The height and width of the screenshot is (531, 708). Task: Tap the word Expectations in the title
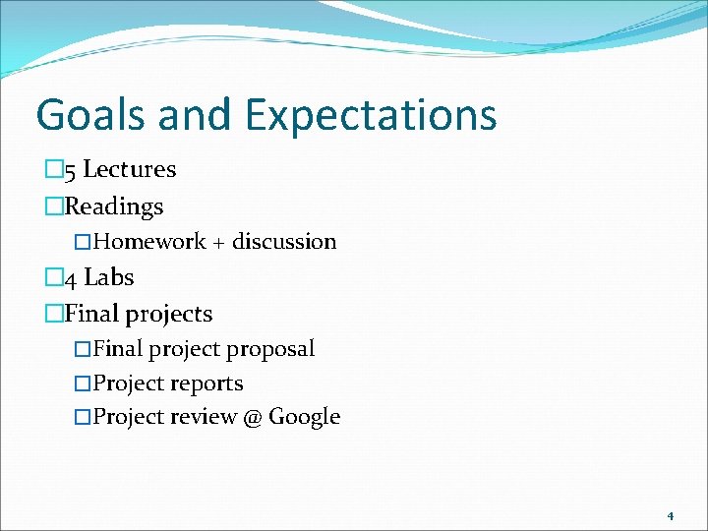point(371,115)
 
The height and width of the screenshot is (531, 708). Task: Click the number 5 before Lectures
point(70,170)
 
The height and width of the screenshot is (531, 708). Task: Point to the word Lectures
point(129,169)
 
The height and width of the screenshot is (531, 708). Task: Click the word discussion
point(284,242)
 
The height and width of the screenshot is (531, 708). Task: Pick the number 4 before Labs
point(70,279)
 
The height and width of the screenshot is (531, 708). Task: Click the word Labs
point(108,278)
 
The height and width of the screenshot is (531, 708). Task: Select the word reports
point(206,383)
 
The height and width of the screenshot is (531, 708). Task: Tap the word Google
point(304,417)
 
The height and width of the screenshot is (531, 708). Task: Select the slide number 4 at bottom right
point(670,515)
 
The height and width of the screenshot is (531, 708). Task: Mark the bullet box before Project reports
point(84,383)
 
